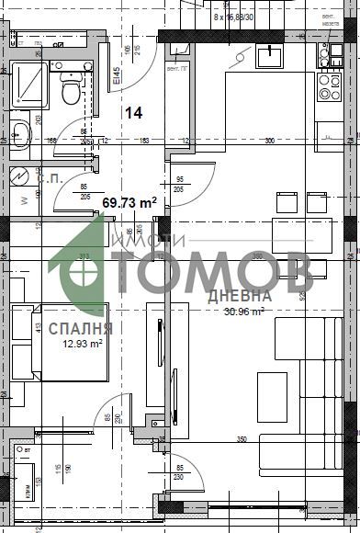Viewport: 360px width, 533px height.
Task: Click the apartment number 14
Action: [134, 113]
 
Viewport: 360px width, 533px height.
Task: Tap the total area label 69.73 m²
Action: [129, 202]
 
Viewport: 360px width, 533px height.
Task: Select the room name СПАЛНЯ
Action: [81, 328]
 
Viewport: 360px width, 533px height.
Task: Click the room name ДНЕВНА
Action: [239, 296]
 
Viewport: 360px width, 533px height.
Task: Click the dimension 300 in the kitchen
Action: [269, 141]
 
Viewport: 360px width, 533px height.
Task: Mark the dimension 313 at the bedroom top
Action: [84, 256]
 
